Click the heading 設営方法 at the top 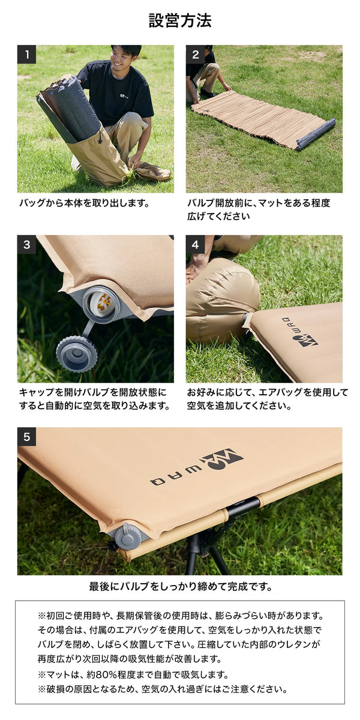[x=180, y=21]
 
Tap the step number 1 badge [x=26, y=55]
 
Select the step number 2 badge [x=195, y=55]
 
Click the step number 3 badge [x=26, y=245]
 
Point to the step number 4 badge [x=195, y=245]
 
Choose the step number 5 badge [x=26, y=437]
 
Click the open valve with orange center [x=101, y=304]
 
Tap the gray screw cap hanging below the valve [x=77, y=353]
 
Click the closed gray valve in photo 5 [x=128, y=535]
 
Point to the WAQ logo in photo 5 [x=197, y=466]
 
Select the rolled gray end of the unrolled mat [x=316, y=134]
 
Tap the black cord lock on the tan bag [x=100, y=139]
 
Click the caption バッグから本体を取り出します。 [x=84, y=203]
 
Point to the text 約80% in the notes [x=101, y=674]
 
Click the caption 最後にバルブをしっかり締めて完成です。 [x=181, y=587]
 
